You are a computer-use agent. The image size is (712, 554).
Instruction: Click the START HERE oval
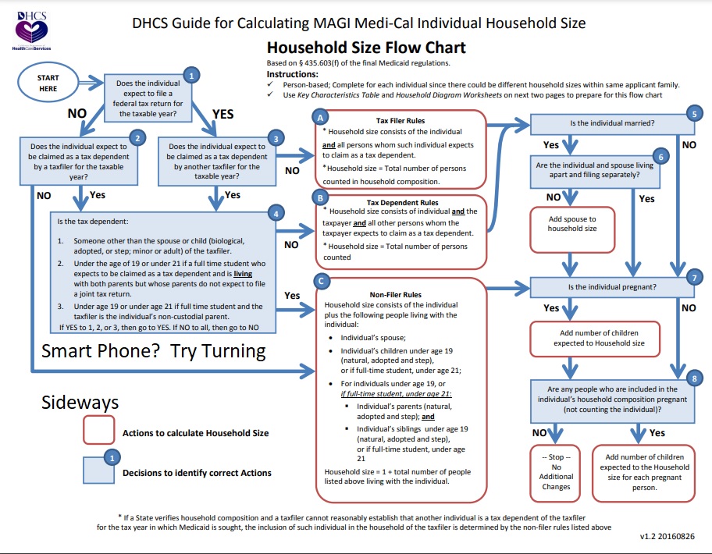(x=48, y=83)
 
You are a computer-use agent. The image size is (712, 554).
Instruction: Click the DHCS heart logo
(x=31, y=31)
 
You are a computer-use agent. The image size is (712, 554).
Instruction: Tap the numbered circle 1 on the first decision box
(x=191, y=76)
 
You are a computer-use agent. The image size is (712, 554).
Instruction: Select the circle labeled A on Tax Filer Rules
(x=321, y=118)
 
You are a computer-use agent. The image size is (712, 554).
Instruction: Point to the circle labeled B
(x=321, y=198)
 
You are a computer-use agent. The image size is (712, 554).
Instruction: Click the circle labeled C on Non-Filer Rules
(x=321, y=282)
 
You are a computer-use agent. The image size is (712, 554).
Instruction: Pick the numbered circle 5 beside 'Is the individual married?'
(x=694, y=113)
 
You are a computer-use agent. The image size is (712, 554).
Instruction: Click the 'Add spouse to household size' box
(x=572, y=229)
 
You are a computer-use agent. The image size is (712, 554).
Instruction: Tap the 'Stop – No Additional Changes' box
(x=555, y=473)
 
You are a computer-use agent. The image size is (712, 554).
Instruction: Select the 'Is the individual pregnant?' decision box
(x=612, y=287)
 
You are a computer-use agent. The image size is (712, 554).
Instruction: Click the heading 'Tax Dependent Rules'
(x=402, y=202)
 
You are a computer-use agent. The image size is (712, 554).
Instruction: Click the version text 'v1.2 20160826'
(x=667, y=536)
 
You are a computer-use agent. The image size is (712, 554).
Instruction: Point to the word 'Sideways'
(x=80, y=403)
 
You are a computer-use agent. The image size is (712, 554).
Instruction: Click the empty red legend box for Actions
(x=98, y=430)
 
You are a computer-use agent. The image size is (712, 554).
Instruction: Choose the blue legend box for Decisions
(x=98, y=470)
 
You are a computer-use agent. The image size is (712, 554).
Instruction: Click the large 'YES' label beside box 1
(x=223, y=114)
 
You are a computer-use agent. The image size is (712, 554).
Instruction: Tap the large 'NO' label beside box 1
(x=77, y=113)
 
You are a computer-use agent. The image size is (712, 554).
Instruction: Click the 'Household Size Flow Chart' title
(x=366, y=48)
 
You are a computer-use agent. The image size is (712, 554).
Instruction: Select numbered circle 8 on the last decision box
(x=694, y=378)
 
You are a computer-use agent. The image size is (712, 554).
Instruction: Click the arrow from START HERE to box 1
(x=91, y=83)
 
